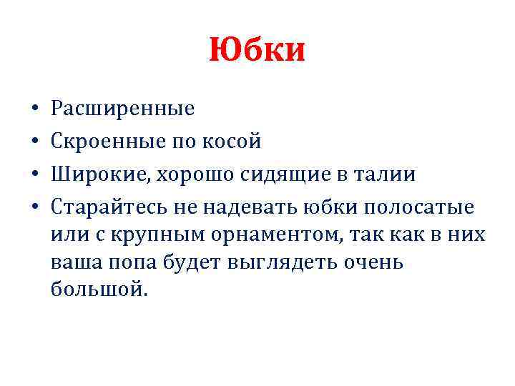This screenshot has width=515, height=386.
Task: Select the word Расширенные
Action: pyautogui.click(x=123, y=109)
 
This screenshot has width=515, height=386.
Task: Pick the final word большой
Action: pyautogui.click(x=99, y=289)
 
